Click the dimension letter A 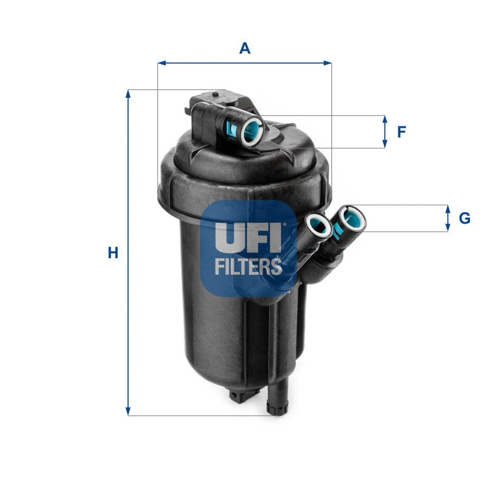tap(245, 48)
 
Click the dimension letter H tap(113, 253)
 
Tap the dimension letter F tap(401, 132)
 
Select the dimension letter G tap(464, 218)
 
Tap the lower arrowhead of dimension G tap(448, 228)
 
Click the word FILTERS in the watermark tap(248, 266)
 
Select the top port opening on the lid tap(252, 131)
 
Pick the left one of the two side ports tap(318, 225)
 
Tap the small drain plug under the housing tap(242, 396)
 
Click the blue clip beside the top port tap(231, 130)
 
